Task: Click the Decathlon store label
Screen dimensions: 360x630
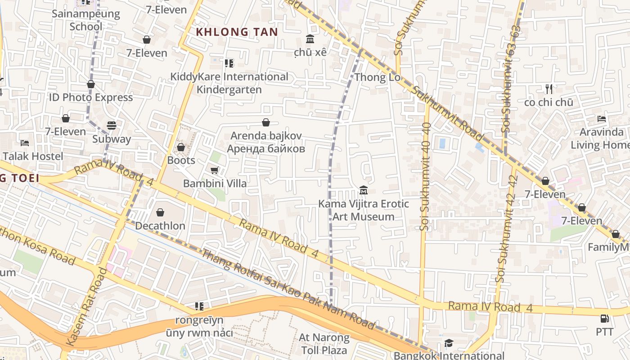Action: click(160, 225)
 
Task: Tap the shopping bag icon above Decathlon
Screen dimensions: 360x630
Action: click(160, 212)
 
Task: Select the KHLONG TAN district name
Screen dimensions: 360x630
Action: click(237, 32)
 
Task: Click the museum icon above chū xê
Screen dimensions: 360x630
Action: click(310, 39)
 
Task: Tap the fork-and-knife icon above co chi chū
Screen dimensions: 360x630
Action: click(549, 89)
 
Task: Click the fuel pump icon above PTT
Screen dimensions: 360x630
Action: click(605, 319)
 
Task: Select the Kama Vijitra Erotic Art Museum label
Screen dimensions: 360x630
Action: click(364, 210)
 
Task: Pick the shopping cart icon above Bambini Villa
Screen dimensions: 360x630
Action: click(215, 170)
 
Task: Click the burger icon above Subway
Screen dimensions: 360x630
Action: click(112, 125)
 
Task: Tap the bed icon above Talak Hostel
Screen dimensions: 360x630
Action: click(25, 143)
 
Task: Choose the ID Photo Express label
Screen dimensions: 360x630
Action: click(91, 97)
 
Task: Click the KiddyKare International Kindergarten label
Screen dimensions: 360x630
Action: click(229, 83)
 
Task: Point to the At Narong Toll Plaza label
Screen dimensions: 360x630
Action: click(324, 344)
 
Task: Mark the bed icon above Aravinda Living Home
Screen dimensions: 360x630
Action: click(602, 119)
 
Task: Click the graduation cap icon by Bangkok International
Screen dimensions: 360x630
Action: click(449, 343)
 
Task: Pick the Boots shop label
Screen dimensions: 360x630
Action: click(181, 160)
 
